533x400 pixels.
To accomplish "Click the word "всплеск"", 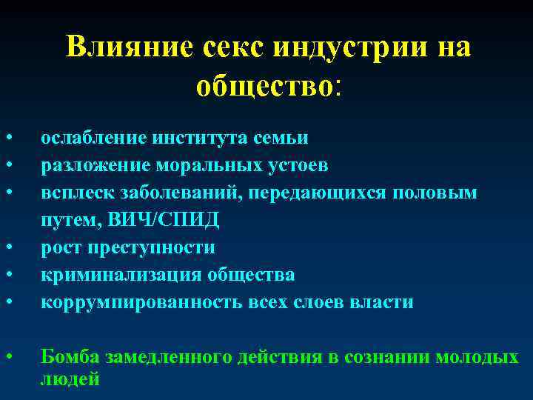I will [x=70, y=193].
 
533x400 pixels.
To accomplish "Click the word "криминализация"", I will [x=103, y=275].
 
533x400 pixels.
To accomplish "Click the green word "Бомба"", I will [x=70, y=357].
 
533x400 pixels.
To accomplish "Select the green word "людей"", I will [x=70, y=379].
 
